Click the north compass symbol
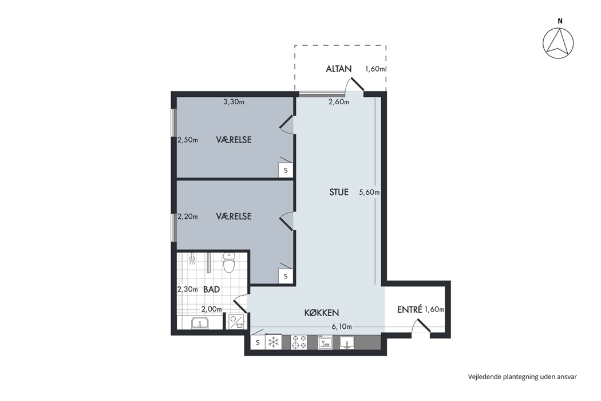point(559,43)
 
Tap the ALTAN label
point(338,69)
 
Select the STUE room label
point(339,192)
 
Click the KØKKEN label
point(322,313)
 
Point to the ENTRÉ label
point(410,309)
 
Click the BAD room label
point(211,289)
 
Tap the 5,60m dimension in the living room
point(369,192)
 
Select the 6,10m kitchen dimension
point(342,327)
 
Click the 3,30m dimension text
point(234,102)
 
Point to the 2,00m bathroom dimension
point(212,309)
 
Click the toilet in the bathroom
point(229,262)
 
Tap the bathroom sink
point(200,323)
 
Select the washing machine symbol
point(236,322)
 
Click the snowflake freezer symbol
point(273,343)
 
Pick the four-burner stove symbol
point(299,343)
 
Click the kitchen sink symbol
point(346,343)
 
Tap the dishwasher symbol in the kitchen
point(325,343)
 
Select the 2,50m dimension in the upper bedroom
point(188,140)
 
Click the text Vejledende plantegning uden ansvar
point(523,377)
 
